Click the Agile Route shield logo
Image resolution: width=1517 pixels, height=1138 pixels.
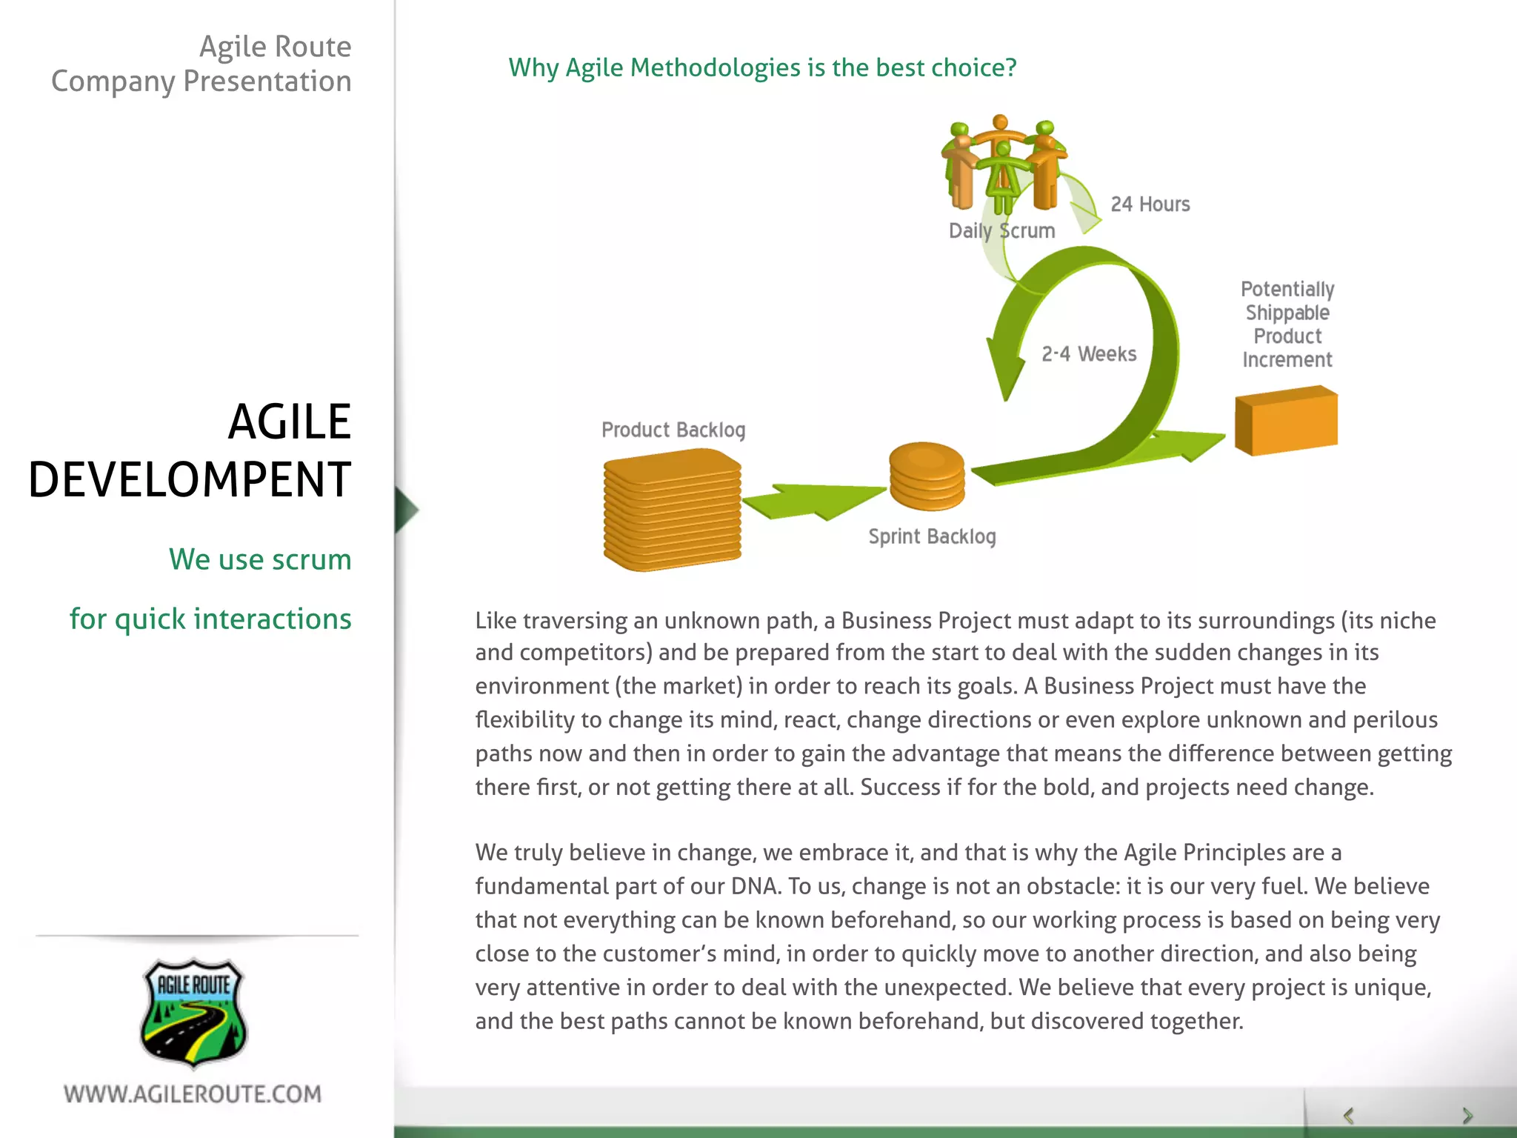click(x=193, y=1013)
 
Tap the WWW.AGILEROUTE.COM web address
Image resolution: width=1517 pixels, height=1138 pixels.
click(x=193, y=1094)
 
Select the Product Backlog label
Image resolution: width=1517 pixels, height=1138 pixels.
click(x=673, y=430)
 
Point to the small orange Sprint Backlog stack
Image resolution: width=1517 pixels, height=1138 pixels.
click(x=927, y=476)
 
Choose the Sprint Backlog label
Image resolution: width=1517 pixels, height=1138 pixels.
click(x=932, y=536)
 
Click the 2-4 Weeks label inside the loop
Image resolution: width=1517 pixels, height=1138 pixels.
click(x=1089, y=354)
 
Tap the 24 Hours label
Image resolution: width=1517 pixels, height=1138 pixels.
click(x=1150, y=204)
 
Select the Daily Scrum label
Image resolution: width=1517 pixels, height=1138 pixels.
click(x=1001, y=231)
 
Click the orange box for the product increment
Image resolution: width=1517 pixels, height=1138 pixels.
click(x=1287, y=420)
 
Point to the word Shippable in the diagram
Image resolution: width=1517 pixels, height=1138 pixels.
click(x=1287, y=313)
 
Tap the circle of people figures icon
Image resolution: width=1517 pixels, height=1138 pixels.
click(x=1002, y=163)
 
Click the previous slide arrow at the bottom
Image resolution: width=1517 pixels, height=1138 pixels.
click(x=1349, y=1116)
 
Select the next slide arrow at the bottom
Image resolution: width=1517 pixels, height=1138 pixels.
click(x=1467, y=1116)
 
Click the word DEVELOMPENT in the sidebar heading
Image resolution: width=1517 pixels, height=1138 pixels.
click(x=190, y=479)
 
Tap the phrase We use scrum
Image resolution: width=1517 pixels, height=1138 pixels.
click(x=260, y=559)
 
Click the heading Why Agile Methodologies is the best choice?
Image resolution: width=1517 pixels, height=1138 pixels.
click(x=762, y=67)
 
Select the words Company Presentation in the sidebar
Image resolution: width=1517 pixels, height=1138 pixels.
click(x=201, y=81)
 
